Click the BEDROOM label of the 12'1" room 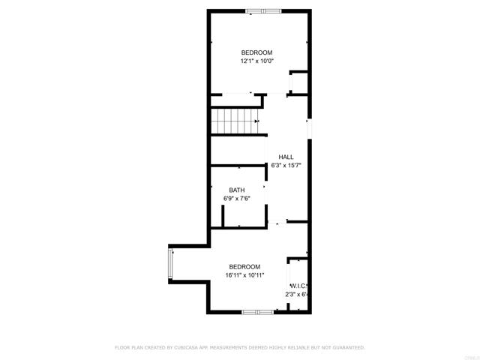[256, 52]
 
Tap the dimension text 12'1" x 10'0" [256, 61]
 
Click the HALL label [285, 157]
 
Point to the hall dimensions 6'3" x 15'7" [285, 165]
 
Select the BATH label [236, 190]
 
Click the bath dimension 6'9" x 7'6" [236, 199]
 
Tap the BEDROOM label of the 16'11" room [244, 267]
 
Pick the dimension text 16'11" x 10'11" [244, 275]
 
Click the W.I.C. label [298, 286]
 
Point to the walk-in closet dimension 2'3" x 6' [298, 295]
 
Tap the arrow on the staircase [256, 121]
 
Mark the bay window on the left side [171, 264]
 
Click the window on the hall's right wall [309, 128]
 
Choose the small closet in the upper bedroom [298, 82]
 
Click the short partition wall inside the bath [223, 214]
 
